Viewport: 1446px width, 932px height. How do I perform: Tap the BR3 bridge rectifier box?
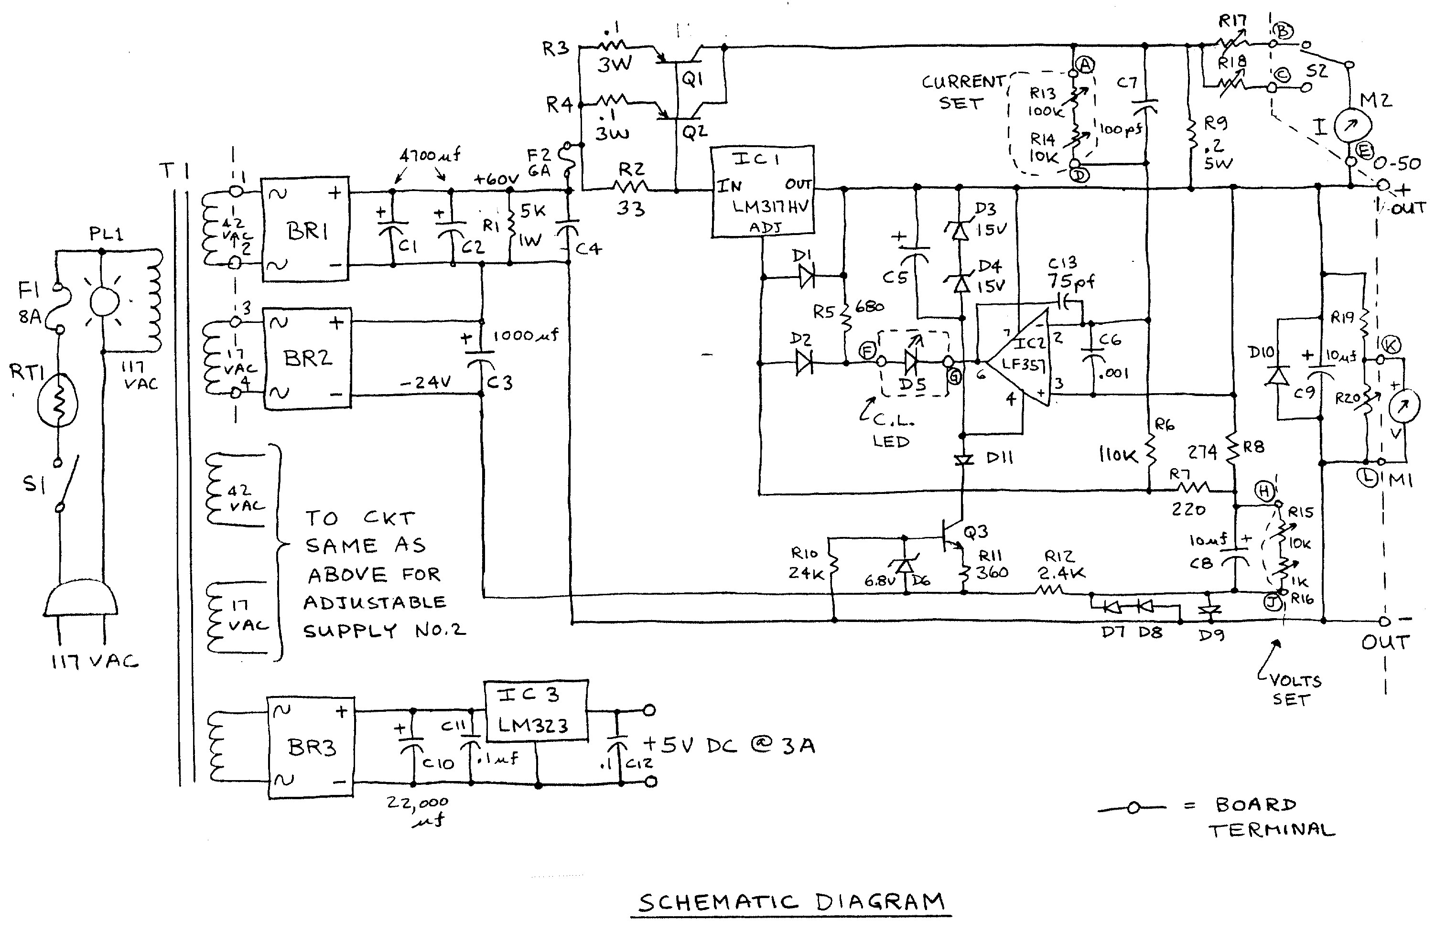pyautogui.click(x=311, y=748)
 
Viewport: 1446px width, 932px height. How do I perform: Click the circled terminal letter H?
pyautogui.click(x=1264, y=492)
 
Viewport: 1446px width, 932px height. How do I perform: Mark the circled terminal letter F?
pyautogui.click(x=867, y=351)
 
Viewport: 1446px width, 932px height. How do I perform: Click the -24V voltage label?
pyautogui.click(x=425, y=383)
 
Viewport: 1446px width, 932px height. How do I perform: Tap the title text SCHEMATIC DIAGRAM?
pyautogui.click(x=790, y=902)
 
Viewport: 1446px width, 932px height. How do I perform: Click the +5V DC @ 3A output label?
pyautogui.click(x=729, y=745)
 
